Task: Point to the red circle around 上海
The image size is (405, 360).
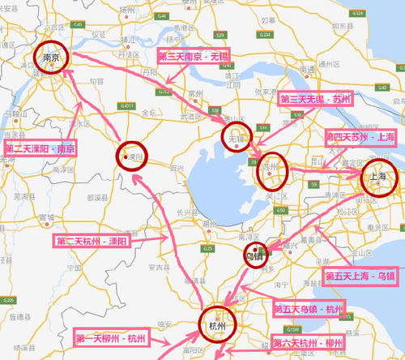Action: pyautogui.click(x=377, y=182)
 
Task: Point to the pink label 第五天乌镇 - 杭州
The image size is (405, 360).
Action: pyautogui.click(x=309, y=309)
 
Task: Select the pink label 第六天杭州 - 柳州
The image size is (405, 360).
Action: pyautogui.click(x=308, y=343)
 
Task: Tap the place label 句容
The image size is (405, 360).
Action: pyautogui.click(x=96, y=81)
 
